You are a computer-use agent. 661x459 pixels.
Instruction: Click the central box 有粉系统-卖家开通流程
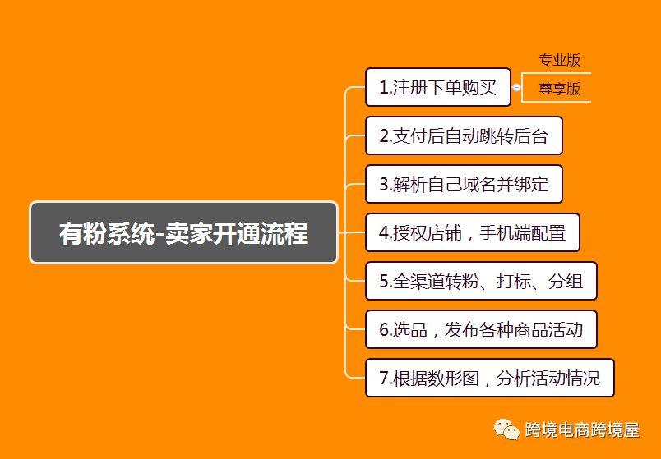coord(184,232)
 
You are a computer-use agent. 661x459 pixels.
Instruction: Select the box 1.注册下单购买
coord(438,87)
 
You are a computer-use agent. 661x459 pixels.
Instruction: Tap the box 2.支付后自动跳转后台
coord(464,135)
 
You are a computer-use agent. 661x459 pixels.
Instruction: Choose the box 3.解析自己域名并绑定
coord(464,184)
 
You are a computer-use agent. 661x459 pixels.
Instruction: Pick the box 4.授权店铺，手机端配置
coord(473,232)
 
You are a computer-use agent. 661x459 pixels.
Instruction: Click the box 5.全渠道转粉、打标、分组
coord(481,281)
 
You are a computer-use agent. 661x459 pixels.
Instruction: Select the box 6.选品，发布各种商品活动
coord(481,329)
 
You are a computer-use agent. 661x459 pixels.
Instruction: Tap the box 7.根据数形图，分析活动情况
coord(489,378)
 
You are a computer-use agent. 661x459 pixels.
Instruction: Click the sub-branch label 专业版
coord(559,60)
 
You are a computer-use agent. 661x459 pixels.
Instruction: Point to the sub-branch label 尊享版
coord(559,89)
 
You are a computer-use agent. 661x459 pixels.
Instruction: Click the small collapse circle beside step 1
coord(516,87)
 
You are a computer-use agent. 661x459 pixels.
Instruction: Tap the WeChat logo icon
coord(506,429)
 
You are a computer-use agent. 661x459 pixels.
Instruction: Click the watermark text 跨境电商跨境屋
coord(582,430)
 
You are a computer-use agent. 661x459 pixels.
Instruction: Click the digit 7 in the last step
coord(384,379)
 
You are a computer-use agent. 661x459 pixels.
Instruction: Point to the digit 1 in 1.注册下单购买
coord(384,88)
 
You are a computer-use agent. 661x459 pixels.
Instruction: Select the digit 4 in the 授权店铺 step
coord(384,233)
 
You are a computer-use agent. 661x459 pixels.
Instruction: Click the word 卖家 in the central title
coord(189,233)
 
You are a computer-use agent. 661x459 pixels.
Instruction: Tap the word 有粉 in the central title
coord(82,233)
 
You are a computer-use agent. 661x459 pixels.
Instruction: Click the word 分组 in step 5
coord(566,282)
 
